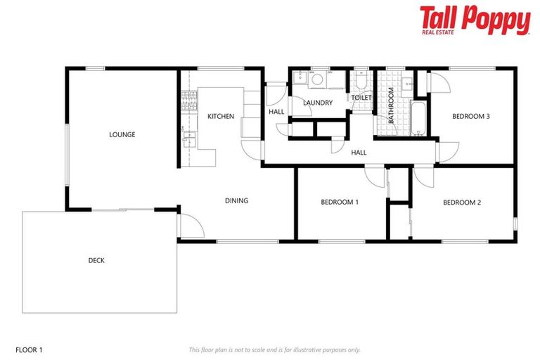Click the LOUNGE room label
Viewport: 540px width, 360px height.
tap(122, 134)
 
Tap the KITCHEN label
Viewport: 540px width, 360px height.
tap(221, 116)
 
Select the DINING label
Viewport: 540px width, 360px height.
tap(236, 200)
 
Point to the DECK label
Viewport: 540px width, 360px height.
tap(96, 260)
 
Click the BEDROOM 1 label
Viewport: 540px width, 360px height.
tap(340, 202)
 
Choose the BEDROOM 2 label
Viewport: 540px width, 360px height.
tap(462, 202)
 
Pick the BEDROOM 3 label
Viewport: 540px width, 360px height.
tap(470, 116)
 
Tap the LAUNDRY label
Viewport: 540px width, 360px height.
tap(318, 103)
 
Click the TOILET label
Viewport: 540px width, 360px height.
tap(361, 98)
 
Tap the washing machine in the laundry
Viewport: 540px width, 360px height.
tap(316, 79)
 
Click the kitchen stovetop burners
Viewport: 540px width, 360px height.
tap(186, 103)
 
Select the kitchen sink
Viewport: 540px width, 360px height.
tap(187, 138)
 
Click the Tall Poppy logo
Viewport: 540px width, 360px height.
tap(475, 20)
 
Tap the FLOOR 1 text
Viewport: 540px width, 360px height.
tap(29, 349)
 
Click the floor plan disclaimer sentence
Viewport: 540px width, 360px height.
tap(274, 349)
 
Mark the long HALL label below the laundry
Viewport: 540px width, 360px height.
tap(359, 152)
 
